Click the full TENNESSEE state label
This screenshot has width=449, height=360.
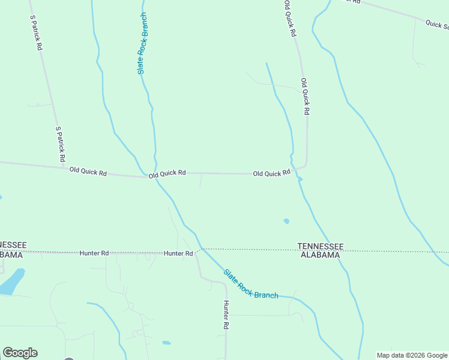(321, 246)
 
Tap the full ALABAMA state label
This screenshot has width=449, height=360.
(321, 254)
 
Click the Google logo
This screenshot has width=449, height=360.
(20, 353)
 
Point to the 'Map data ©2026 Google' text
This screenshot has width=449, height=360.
(412, 355)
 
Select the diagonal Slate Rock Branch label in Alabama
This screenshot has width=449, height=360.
(251, 284)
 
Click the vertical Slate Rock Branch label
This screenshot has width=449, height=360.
(142, 43)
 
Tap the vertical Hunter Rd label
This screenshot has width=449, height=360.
(226, 314)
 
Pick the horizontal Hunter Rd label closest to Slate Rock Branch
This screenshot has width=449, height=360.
(178, 253)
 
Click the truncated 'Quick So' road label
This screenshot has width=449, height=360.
(437, 25)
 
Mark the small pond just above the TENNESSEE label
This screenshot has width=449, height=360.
(286, 221)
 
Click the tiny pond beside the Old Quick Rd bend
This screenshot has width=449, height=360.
(300, 178)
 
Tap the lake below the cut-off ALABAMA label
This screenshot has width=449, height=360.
(11, 281)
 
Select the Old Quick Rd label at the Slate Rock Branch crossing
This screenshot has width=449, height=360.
(167, 173)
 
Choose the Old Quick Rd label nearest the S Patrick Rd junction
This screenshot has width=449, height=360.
(88, 172)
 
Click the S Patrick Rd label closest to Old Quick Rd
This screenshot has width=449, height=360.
(60, 144)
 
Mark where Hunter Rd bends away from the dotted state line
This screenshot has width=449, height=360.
(196, 253)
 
